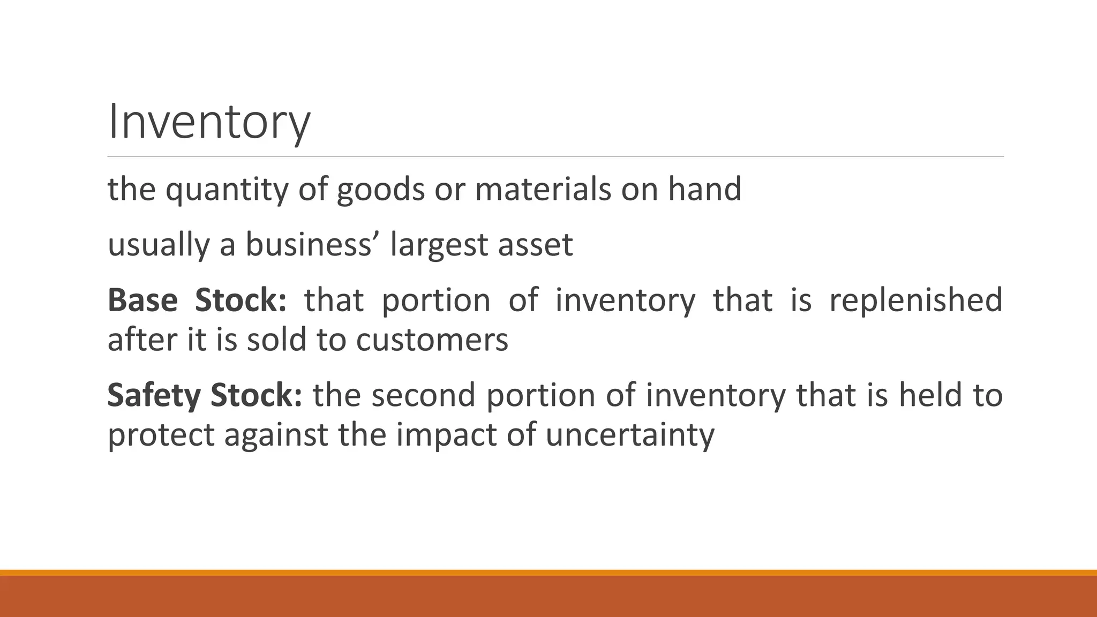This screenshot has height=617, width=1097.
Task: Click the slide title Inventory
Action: [x=209, y=123]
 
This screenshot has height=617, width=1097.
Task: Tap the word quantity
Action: [x=227, y=190]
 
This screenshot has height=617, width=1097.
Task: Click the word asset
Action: [x=536, y=245]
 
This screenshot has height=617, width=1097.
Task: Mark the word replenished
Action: [x=915, y=300]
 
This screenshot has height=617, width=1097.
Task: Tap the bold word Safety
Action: [x=154, y=396]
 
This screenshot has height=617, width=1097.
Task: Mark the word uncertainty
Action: [x=630, y=435]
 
